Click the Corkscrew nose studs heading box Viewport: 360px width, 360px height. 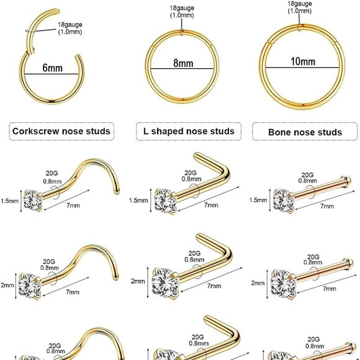coord(61,131)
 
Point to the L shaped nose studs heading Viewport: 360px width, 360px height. coord(184,131)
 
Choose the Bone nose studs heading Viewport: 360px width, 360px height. coord(304,132)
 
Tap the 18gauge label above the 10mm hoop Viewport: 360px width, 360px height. coord(300,7)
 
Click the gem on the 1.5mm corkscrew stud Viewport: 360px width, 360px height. coord(30,199)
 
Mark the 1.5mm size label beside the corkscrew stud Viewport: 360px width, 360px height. coord(8,200)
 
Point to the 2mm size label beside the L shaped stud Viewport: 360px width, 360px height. coord(137,281)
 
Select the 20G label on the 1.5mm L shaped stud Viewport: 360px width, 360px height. coord(191,173)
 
